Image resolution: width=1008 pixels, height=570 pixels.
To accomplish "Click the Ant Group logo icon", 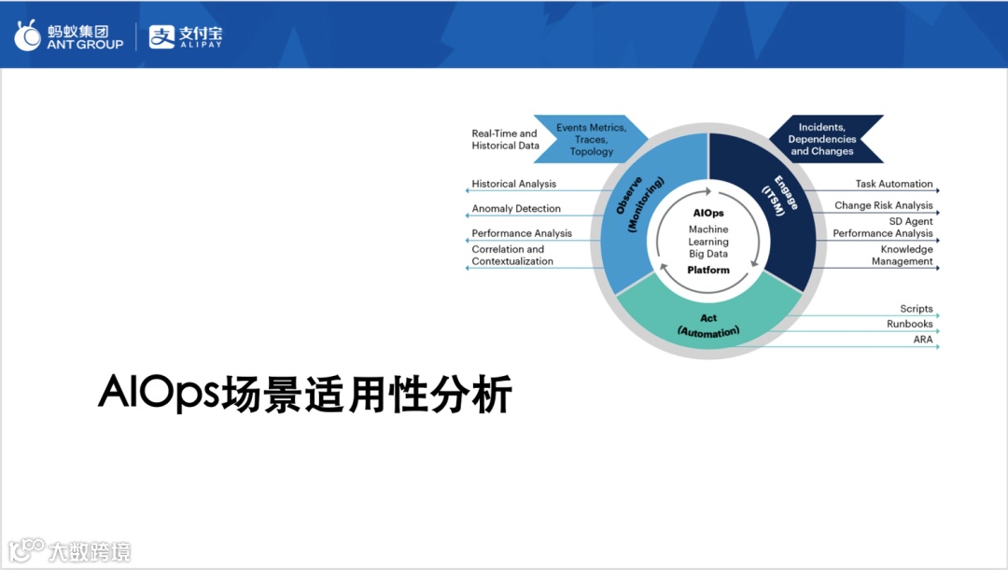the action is coord(28,35).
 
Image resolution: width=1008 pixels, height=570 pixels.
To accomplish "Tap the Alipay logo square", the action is coord(161,36).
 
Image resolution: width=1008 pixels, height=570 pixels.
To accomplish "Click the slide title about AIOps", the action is coord(304,393).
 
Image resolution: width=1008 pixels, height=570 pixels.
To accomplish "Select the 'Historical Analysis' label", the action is coord(513,184).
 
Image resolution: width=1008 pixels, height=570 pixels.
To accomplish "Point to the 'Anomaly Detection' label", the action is coord(516,209).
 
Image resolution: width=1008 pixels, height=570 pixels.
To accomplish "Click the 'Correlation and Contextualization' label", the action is coord(512,255).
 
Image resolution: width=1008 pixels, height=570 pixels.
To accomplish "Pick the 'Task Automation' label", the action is coord(893,184).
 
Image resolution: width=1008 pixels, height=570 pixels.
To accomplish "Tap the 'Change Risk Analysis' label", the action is coord(883,205).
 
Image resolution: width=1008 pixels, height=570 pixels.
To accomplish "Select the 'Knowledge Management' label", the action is coord(902,255).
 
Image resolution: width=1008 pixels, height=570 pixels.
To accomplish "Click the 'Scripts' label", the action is coord(917,309).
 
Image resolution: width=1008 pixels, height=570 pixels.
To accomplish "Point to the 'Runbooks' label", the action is coord(910,324).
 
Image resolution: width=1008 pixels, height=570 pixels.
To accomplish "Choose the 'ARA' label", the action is coord(923,340).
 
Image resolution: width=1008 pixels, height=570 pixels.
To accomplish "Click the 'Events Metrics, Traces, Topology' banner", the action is coord(590,139).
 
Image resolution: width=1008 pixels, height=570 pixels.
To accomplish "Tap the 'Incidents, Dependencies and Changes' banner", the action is coord(825,139).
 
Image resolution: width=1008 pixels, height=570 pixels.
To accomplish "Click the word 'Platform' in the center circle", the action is coord(708,270).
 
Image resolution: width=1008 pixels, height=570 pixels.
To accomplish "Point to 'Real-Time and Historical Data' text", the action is coord(505,139).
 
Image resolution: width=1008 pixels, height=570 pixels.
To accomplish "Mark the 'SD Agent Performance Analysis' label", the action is coord(883,228).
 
